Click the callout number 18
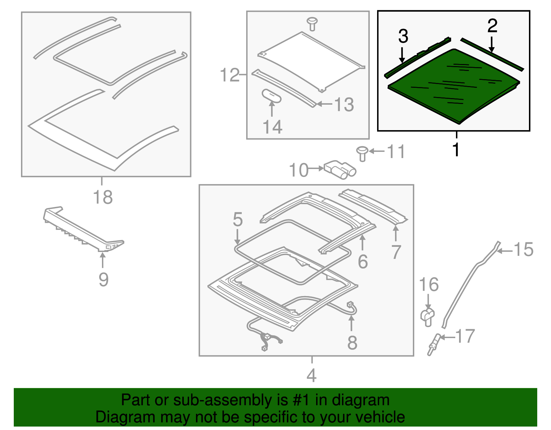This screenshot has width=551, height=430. pos(103,197)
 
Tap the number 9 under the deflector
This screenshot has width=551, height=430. pos(103,279)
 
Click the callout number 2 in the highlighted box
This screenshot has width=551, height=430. pos(492,26)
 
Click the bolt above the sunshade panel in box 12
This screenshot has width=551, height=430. pos(312,23)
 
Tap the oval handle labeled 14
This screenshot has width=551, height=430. pos(272,96)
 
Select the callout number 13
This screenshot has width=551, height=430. pos(344,105)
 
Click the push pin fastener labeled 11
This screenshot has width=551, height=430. pos(362,153)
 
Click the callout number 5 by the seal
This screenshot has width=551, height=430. pos(238,219)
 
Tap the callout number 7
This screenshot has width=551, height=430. pos(396,252)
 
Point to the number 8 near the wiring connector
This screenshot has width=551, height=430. pos(352,343)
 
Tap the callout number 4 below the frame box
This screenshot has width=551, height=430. pos(311,375)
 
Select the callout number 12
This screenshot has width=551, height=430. pos(229,75)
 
